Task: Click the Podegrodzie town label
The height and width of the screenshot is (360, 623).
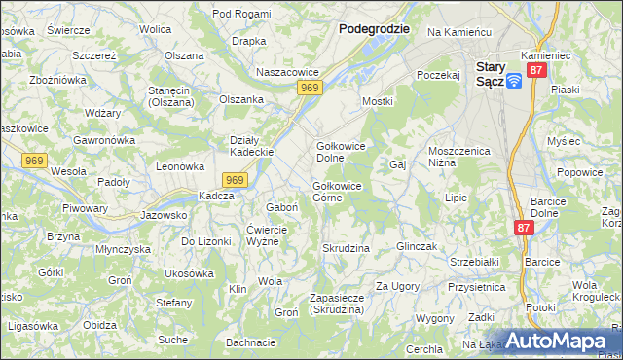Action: (373, 29)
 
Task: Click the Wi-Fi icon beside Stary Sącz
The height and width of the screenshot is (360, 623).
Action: (514, 81)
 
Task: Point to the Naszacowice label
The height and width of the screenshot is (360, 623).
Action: (287, 72)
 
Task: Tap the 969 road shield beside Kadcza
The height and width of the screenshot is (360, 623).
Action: (234, 180)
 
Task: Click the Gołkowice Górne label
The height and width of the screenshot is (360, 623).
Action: (337, 191)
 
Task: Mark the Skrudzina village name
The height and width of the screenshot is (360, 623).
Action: (346, 248)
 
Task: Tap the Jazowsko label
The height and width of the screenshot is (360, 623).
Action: (163, 215)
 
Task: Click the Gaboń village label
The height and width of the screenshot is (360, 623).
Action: (281, 207)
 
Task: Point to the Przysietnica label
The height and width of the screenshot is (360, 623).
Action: (476, 288)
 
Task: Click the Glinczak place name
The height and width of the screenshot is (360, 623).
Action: (420, 247)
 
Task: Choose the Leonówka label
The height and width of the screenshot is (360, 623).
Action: (178, 165)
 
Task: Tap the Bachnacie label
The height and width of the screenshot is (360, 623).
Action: (250, 342)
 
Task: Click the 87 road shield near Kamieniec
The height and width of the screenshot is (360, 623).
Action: (536, 72)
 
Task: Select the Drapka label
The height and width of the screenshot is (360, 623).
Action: (249, 41)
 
